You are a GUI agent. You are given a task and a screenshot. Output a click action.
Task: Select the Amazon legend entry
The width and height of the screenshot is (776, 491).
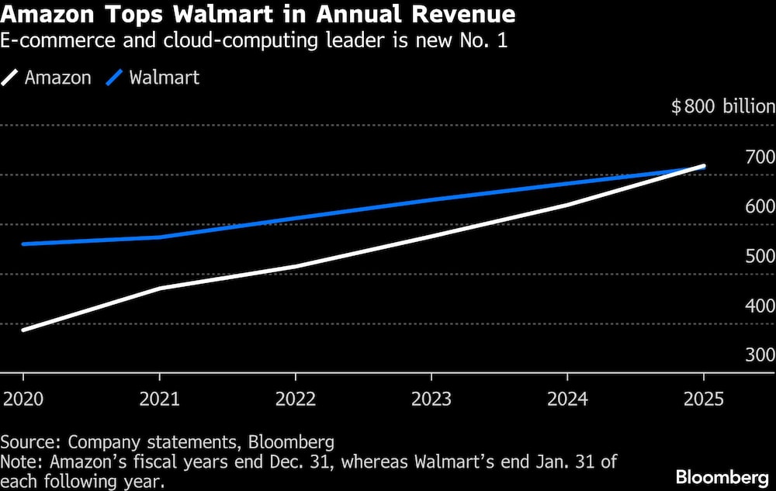[57, 78]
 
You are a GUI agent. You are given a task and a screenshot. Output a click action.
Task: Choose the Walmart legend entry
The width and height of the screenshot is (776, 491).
[164, 78]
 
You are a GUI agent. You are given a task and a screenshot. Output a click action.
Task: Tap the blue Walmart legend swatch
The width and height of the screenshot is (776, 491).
[115, 78]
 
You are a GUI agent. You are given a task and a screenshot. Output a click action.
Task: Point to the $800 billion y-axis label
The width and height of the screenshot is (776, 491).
[722, 107]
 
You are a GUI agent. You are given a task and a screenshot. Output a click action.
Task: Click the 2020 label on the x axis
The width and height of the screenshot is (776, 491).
[23, 399]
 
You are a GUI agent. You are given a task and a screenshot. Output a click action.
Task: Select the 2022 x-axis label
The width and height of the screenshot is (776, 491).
[295, 399]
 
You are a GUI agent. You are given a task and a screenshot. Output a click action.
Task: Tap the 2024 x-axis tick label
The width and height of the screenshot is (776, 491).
[567, 399]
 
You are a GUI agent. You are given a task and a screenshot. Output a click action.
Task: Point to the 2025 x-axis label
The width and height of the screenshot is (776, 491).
[703, 399]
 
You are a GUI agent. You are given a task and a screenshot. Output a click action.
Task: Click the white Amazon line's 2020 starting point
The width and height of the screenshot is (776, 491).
[23, 330]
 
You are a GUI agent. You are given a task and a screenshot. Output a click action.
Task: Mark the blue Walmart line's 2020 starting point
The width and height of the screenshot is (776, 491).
[23, 244]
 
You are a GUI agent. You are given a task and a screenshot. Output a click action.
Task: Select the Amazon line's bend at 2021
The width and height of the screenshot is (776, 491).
[159, 289]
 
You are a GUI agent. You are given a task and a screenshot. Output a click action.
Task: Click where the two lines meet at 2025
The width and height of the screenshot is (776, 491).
[703, 166]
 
